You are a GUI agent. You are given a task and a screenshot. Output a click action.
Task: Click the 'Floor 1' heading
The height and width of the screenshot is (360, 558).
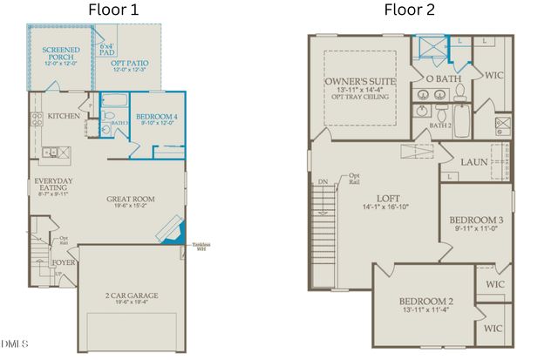point(114,10)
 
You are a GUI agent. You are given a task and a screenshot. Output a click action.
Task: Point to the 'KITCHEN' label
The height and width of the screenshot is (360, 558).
point(64,115)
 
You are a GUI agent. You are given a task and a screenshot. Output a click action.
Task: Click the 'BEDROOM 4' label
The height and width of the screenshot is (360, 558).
point(157,117)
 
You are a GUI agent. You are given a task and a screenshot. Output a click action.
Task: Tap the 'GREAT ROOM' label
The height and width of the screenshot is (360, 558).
point(130,200)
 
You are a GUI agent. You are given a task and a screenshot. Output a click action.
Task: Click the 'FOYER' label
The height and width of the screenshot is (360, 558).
point(63,259)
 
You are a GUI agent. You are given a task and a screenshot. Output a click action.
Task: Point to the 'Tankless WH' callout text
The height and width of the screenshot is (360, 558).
point(201,246)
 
